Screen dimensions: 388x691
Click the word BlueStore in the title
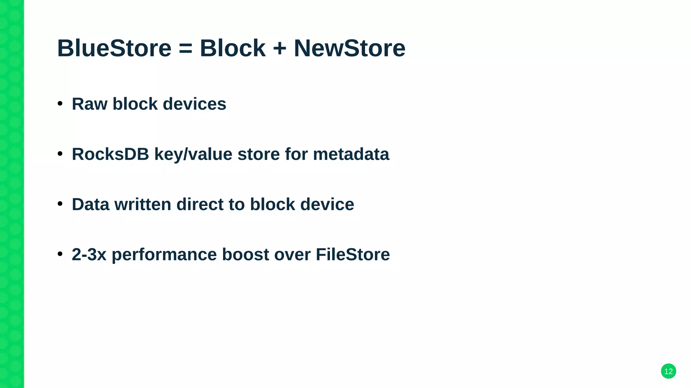pos(114,48)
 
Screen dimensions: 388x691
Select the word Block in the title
pos(232,48)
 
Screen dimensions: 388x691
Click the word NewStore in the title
pos(350,48)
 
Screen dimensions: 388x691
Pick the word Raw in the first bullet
pos(89,104)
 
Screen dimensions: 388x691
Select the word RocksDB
pos(110,154)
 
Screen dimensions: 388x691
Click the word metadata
pos(351,154)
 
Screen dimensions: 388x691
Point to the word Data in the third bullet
pos(90,204)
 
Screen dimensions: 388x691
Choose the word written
pos(143,204)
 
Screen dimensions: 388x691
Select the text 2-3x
pos(89,254)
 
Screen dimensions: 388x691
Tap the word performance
pos(164,255)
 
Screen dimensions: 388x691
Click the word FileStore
pos(353,254)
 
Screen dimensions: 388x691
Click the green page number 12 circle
pos(668,371)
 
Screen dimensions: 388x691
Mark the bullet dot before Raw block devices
pos(60,103)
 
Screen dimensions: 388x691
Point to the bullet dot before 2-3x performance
pos(60,254)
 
